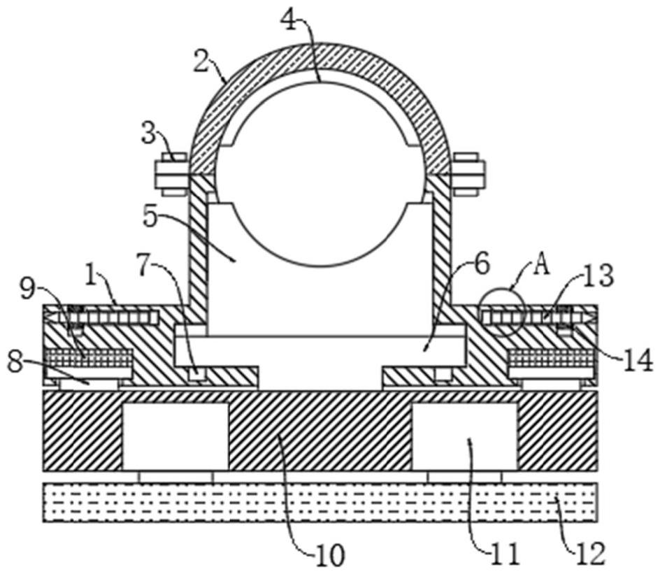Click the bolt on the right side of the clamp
tap(468, 172)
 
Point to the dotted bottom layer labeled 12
tap(320, 502)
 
